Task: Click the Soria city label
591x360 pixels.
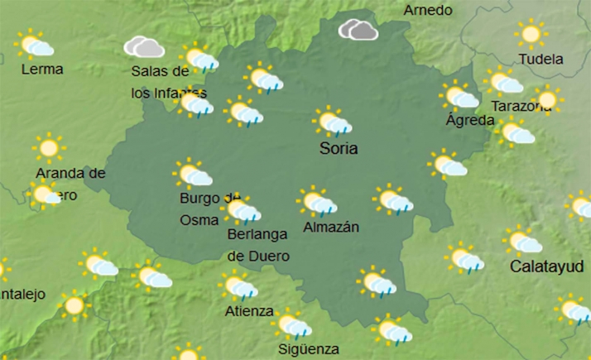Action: pos(339,150)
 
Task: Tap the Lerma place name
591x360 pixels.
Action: pos(42,70)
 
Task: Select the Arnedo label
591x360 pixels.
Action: pos(428,11)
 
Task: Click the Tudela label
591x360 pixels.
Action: pos(540,60)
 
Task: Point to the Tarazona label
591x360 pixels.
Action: pos(521,106)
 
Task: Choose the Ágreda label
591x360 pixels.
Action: pos(469,120)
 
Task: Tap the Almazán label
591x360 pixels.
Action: pos(331,227)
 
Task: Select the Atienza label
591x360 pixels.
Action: pos(248,311)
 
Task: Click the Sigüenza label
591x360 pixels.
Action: pos(308,349)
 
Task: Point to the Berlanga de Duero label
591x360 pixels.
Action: pos(258,245)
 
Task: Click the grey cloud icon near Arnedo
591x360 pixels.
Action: pos(358,30)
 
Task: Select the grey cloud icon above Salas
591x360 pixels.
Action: pos(142,46)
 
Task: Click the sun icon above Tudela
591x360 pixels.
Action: pos(531,35)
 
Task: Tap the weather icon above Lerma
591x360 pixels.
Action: pos(36,45)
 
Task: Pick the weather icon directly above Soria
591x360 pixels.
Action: pos(333,122)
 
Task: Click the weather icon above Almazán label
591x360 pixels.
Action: pos(317,201)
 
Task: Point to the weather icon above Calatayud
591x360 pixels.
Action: pos(524,241)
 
